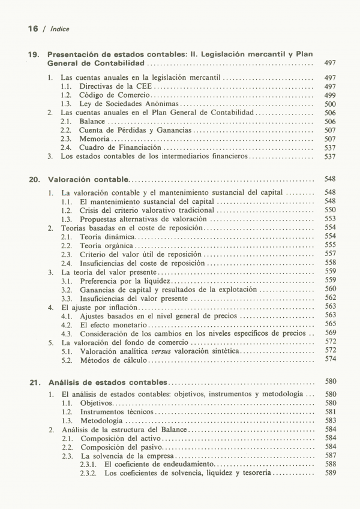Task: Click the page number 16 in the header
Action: pos(33,28)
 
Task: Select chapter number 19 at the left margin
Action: pos(33,54)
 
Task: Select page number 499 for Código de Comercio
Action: pos(329,95)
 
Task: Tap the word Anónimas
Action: pos(177,104)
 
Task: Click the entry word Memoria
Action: pos(94,138)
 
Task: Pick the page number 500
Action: pos(329,104)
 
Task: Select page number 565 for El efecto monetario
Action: pos(330,324)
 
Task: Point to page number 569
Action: pos(330,333)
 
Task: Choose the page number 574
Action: pos(330,359)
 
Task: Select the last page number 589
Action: pos(330,474)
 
